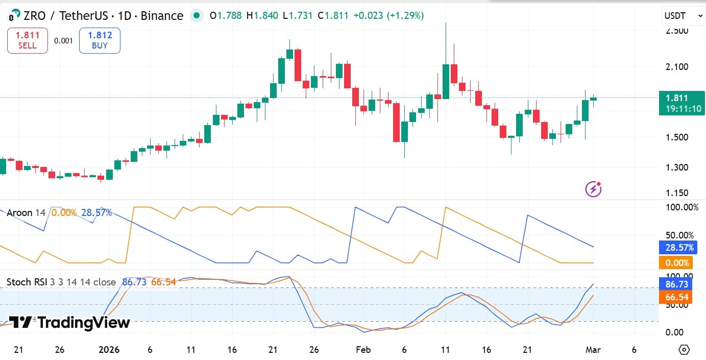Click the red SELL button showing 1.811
(28, 40)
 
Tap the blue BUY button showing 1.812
(100, 40)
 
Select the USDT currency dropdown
(683, 16)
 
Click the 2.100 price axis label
(677, 66)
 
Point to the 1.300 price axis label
(677, 167)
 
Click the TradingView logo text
(70, 322)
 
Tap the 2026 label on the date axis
(109, 350)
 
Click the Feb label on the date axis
(363, 350)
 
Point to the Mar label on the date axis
(593, 350)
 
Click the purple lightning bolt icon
(593, 189)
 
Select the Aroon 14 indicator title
(26, 212)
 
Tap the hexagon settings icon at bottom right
(684, 350)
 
